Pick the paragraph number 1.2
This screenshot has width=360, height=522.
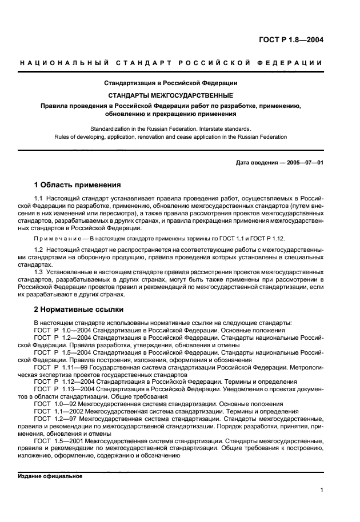click(39, 251)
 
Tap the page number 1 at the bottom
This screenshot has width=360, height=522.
click(322, 489)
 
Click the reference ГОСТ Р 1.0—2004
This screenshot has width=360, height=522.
click(61, 330)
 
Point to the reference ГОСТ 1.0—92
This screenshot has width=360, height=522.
click(56, 403)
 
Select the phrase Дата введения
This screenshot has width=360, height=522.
click(256, 162)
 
